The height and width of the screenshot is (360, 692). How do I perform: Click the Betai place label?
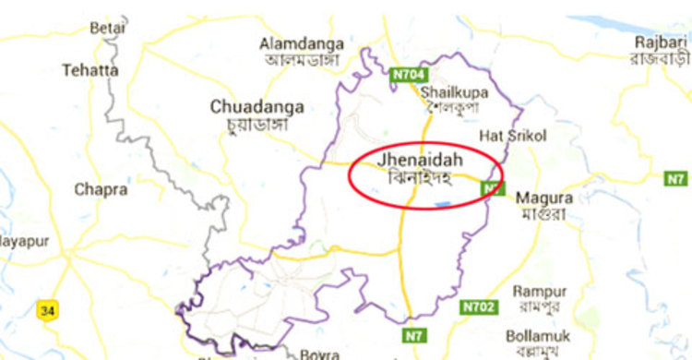107,29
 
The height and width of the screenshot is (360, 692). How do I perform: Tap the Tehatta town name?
90,69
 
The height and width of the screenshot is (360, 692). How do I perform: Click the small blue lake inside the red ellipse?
443,203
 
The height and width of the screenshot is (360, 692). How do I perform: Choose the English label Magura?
543,198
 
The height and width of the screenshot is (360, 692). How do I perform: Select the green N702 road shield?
479,306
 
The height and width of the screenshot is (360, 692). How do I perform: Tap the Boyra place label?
319,354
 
